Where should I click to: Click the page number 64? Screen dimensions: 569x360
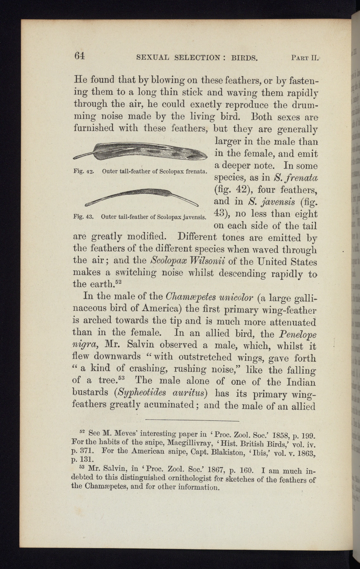pyautogui.click(x=79, y=56)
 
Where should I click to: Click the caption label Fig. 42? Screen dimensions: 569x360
pyautogui.click(x=83, y=172)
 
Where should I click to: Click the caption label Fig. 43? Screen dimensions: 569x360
pyautogui.click(x=83, y=217)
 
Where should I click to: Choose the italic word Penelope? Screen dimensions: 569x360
pyautogui.click(x=298, y=334)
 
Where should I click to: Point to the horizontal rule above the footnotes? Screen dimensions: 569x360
pyautogui.click(x=192, y=421)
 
